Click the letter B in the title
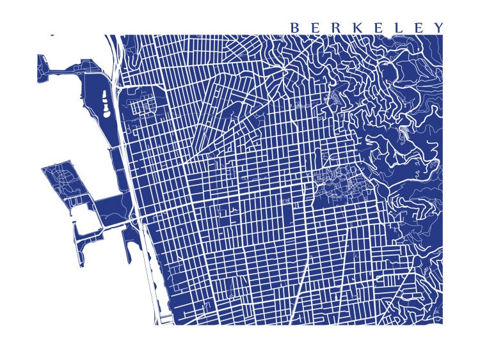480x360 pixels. (295, 27)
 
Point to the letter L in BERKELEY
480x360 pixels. (399, 27)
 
